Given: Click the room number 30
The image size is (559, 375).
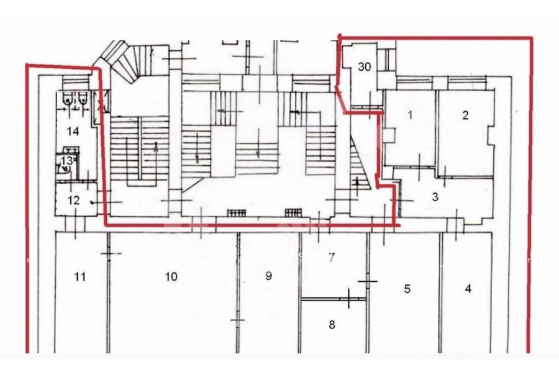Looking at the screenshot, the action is (x=365, y=66).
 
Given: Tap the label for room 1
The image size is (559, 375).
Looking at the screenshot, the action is (x=410, y=115).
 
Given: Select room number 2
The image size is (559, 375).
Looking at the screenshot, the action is (x=465, y=115).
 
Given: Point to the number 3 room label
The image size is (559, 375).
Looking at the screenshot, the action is (x=435, y=197).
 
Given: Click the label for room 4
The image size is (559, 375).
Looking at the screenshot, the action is (x=468, y=288).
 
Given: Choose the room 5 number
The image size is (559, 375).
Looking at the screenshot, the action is (x=407, y=289).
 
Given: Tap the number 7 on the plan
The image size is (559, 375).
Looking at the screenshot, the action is (x=332, y=257).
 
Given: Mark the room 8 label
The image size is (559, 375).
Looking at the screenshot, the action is (x=332, y=325).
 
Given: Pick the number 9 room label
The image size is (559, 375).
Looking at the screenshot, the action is (x=269, y=276).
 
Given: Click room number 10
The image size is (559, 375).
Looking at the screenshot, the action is (x=171, y=276).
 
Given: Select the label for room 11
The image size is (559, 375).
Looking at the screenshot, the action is (x=80, y=276).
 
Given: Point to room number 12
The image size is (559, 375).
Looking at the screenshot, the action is (x=73, y=200).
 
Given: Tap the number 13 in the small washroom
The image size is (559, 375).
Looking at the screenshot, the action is (x=67, y=161).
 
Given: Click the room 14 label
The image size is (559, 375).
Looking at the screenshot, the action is (x=73, y=131).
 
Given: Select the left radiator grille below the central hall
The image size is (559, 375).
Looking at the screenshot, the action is (x=237, y=213).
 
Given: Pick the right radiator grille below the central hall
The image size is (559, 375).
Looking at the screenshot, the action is (x=293, y=213).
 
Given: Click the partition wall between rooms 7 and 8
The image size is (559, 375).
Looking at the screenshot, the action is (x=334, y=299).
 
